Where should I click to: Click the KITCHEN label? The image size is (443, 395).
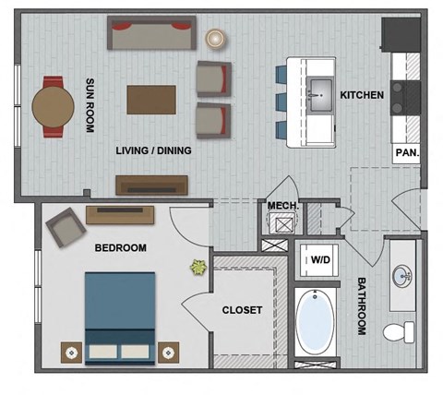(362, 95)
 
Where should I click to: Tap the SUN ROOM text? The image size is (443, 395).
(90, 104)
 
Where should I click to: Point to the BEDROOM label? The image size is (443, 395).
(121, 247)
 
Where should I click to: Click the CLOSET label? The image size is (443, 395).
(242, 310)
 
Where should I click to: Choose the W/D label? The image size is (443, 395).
(320, 259)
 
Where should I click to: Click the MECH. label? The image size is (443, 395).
(281, 205)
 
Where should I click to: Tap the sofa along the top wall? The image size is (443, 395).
(150, 35)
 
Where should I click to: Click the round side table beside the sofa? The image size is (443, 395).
(217, 39)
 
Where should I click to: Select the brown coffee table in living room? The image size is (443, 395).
(151, 100)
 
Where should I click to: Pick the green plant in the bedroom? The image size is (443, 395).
(198, 269)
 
